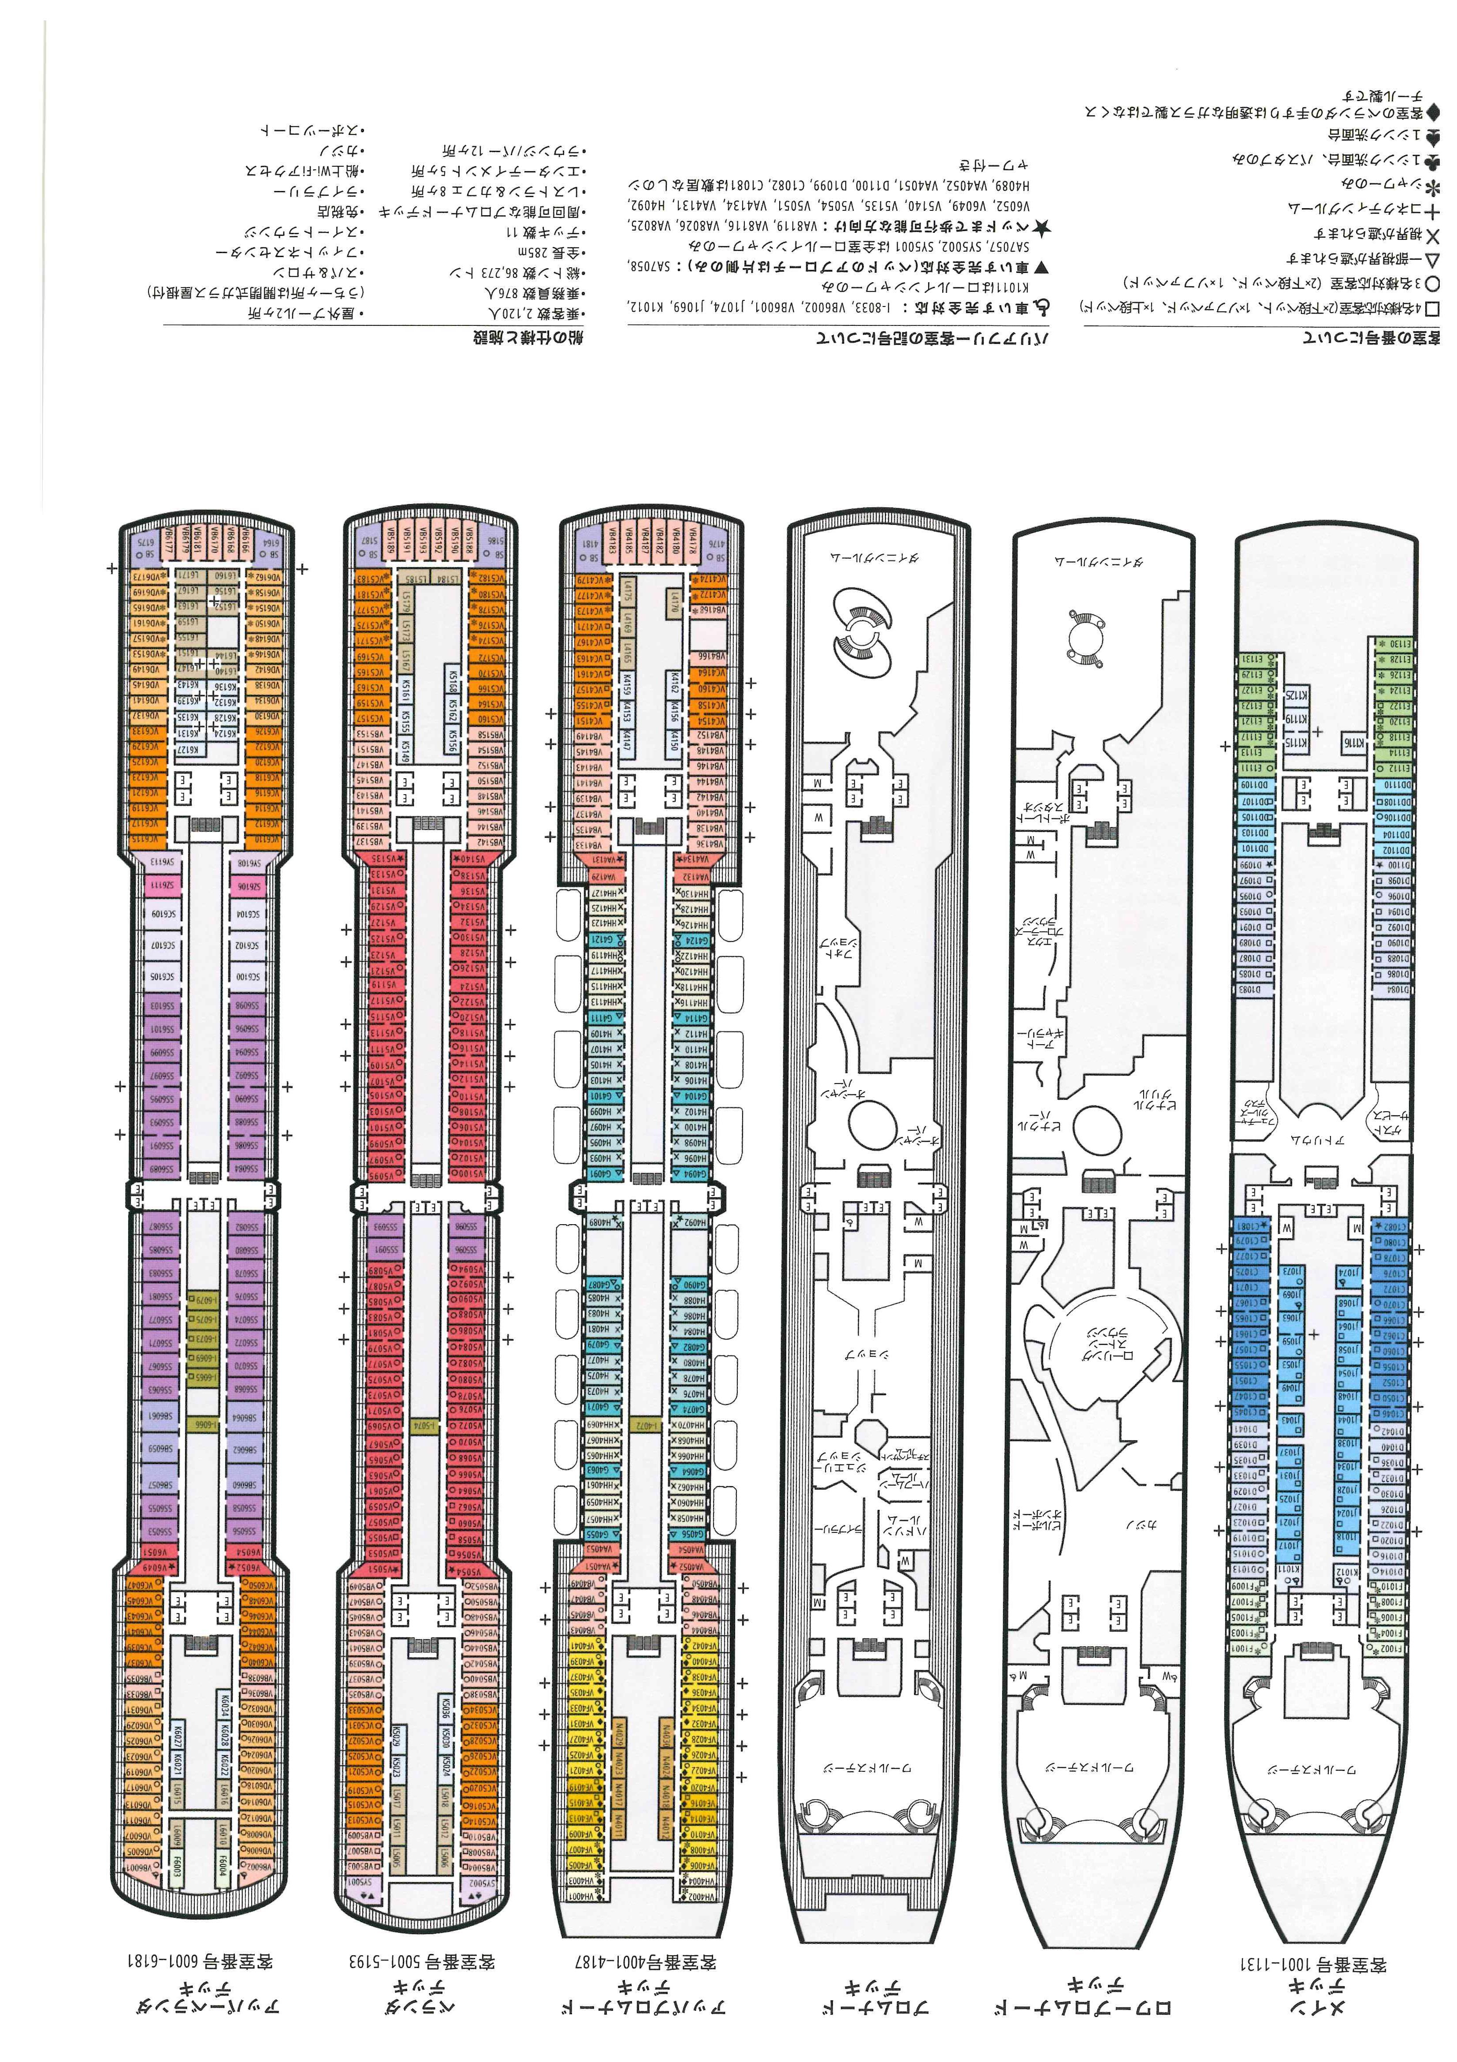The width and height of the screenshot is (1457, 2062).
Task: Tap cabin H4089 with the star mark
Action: [599, 1222]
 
